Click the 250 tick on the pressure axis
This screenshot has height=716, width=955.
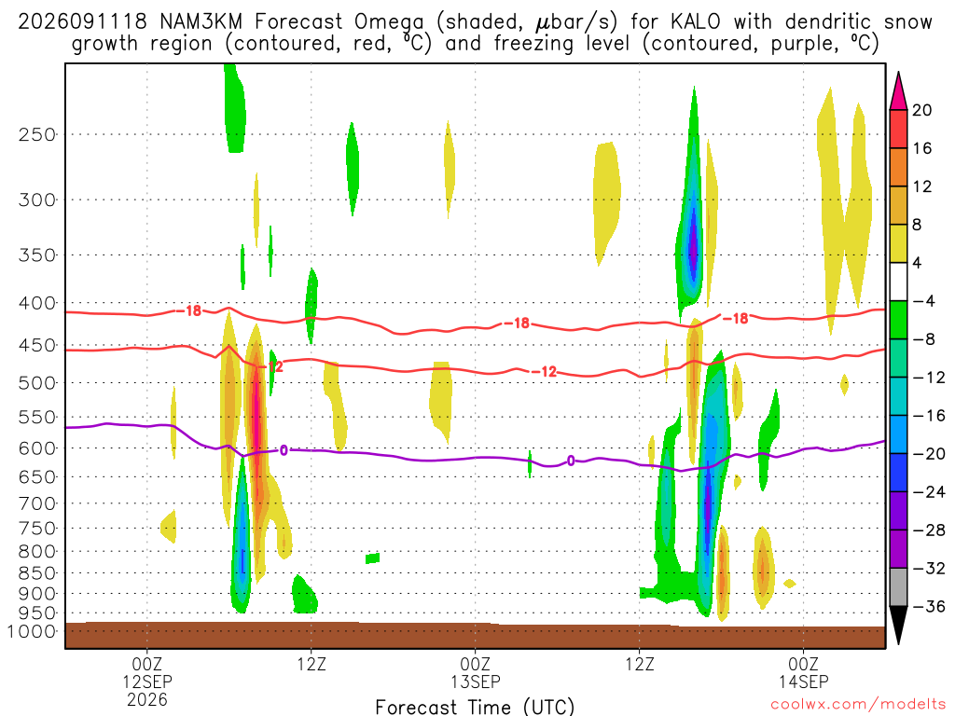37,134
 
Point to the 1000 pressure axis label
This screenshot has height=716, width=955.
32,631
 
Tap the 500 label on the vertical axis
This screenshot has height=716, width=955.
37,383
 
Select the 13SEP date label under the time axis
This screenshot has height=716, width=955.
475,682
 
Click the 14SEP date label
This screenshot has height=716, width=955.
803,682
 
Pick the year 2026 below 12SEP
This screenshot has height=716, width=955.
147,699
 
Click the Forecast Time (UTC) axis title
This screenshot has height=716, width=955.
475,707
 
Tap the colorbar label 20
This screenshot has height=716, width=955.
922,110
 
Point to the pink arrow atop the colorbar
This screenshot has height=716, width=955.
898,90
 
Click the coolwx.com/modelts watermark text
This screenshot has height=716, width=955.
858,705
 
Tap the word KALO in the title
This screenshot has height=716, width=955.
695,22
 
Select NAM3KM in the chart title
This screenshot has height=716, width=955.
201,22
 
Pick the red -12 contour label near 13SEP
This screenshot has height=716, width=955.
544,371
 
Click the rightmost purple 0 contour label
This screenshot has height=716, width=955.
571,461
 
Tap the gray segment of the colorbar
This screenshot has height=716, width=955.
898,587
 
